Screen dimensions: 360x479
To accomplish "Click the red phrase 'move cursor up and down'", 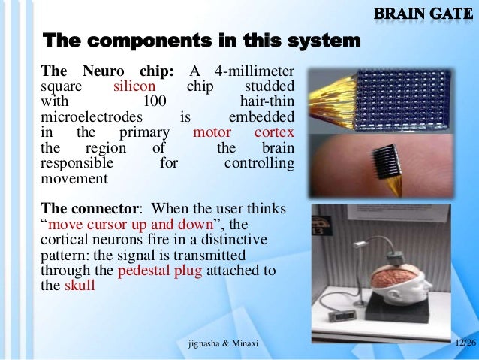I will [129, 224].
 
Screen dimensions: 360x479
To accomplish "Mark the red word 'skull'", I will [80, 285].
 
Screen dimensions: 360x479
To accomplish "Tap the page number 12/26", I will [465, 343].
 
